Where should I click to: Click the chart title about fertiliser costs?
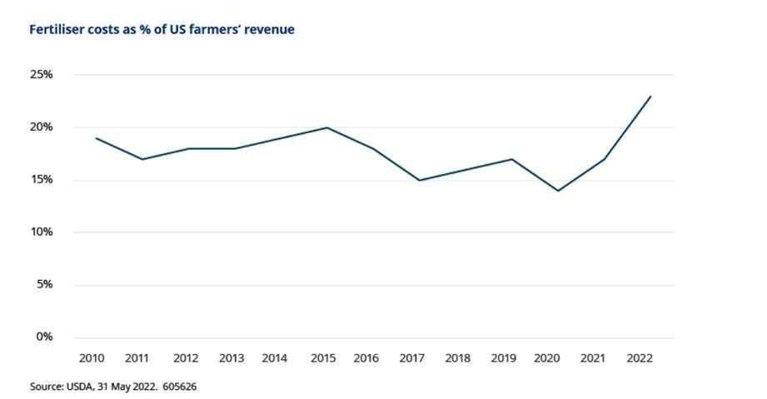pyautogui.click(x=162, y=30)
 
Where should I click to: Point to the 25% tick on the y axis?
pyautogui.click(x=42, y=75)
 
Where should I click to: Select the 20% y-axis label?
pyautogui.click(x=42, y=127)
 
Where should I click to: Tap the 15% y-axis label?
pyautogui.click(x=42, y=180)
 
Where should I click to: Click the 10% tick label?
pyautogui.click(x=42, y=232)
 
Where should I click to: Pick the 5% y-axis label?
pyautogui.click(x=45, y=285)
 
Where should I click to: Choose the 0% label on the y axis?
pyautogui.click(x=45, y=337)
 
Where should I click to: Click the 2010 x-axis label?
pyautogui.click(x=92, y=358)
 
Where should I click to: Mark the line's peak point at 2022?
pyautogui.click(x=650, y=96)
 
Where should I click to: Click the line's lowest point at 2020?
pyautogui.click(x=557, y=191)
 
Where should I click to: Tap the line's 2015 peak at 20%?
pyautogui.click(x=326, y=127)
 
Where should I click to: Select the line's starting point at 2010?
pyautogui.click(x=96, y=138)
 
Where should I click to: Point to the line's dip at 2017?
pyautogui.click(x=419, y=180)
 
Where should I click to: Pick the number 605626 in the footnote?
pyautogui.click(x=179, y=387)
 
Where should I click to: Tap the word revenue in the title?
pyautogui.click(x=268, y=30)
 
